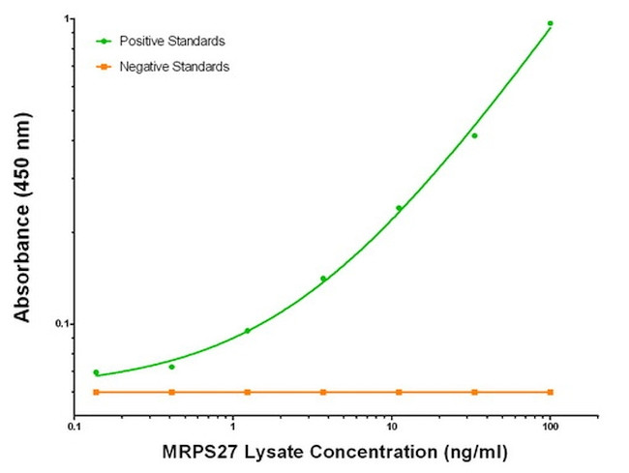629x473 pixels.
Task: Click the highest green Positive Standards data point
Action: coord(550,23)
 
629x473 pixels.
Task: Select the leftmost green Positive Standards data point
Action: coord(96,372)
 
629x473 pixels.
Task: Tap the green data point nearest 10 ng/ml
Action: coord(399,208)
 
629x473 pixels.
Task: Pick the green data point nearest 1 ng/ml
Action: coord(248,331)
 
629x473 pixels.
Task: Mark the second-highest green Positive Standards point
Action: coord(474,135)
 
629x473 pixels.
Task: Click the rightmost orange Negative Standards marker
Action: coord(550,392)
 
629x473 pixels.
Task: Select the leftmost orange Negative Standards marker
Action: coord(96,392)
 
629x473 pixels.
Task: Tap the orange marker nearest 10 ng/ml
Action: coord(399,392)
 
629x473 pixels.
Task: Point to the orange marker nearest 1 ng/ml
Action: coord(248,392)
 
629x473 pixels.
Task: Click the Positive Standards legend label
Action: coord(172,42)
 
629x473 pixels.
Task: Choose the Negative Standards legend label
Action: coord(174,67)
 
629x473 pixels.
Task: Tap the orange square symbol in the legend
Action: coord(103,67)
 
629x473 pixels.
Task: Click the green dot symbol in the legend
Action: coord(103,42)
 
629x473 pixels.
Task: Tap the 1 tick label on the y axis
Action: coord(65,19)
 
